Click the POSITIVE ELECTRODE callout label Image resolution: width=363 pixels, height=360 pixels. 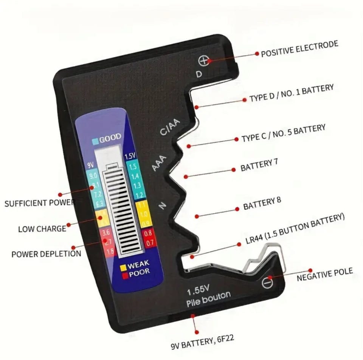[x=299, y=49]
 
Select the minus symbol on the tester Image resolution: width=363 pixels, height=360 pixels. [x=268, y=282]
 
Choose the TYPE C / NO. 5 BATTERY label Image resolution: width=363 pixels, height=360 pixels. [x=283, y=133]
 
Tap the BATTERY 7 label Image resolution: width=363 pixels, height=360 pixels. [x=259, y=165]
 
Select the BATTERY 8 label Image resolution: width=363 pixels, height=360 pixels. [x=262, y=204]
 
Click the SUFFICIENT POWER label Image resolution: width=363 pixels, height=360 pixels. [x=40, y=203]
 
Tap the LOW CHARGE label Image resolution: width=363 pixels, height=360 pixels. [x=42, y=228]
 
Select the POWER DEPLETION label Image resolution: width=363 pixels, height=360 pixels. [x=46, y=253]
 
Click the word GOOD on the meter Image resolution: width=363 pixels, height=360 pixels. [x=110, y=137]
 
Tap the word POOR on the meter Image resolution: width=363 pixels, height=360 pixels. [x=139, y=272]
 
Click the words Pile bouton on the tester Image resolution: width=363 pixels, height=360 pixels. [x=208, y=299]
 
